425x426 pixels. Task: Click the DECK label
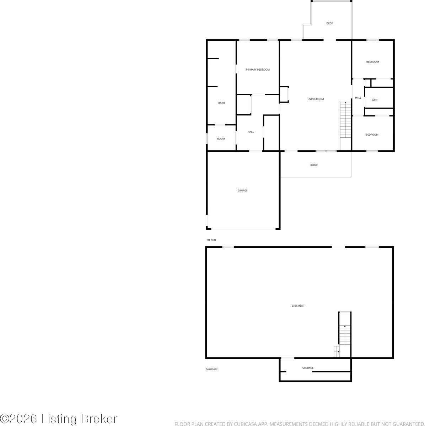coord(329,23)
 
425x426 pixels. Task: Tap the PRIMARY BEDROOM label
coord(258,70)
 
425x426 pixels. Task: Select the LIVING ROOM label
coord(316,99)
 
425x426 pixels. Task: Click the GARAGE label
coord(243,191)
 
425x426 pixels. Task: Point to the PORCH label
coord(314,165)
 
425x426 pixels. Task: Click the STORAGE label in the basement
coord(308,368)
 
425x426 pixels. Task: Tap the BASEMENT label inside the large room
coord(298,306)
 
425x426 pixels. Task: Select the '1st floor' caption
coord(211,240)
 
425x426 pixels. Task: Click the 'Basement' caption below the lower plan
coord(211,369)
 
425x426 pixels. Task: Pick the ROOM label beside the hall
coord(221,139)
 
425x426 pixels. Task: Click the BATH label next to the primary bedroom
coord(221,103)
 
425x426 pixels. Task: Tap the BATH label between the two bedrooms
coord(375,100)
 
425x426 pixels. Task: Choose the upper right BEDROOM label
coord(372,62)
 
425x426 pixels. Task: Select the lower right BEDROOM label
coord(372,135)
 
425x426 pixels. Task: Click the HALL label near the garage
coord(251,132)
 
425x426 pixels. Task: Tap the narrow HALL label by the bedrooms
coord(358,98)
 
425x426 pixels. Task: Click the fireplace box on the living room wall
coord(284,95)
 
